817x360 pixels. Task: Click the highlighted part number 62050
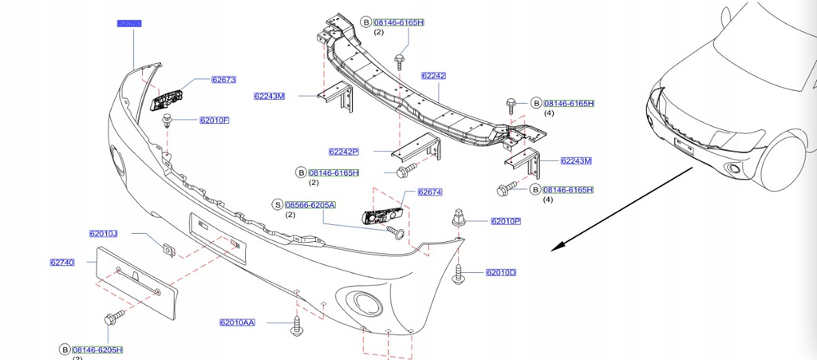[129, 24]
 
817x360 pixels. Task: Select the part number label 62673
[223, 80]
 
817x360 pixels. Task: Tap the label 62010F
[215, 121]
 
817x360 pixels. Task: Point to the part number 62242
[433, 76]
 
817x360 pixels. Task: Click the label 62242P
[344, 152]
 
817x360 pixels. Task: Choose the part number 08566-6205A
[310, 204]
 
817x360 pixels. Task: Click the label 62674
[430, 192]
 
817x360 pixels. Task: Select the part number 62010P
[506, 221]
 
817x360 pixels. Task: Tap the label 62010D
[501, 273]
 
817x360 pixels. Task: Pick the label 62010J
[104, 234]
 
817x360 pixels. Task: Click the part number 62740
[62, 262]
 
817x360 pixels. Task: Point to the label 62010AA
[238, 322]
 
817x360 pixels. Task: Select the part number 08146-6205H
[98, 350]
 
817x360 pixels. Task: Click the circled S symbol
[278, 204]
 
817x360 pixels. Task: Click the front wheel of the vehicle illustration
[784, 164]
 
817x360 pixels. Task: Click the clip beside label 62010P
[460, 217]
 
